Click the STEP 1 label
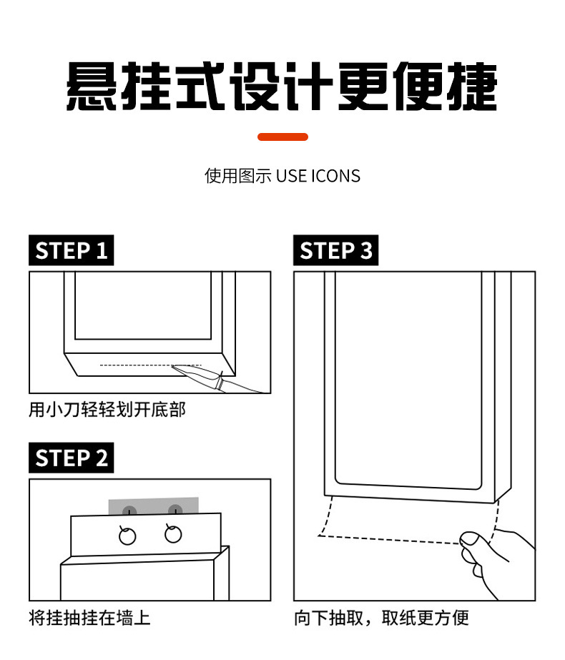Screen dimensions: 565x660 [71, 250]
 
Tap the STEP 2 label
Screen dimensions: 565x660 [71, 458]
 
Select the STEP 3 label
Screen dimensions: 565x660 [335, 250]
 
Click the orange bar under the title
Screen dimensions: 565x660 [282, 137]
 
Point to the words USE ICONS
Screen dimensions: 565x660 [318, 176]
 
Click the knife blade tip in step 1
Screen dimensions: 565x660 [172, 366]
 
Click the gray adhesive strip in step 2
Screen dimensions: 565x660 [153, 506]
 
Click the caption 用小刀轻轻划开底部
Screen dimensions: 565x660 [107, 410]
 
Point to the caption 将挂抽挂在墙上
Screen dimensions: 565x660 [89, 618]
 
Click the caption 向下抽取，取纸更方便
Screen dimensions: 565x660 [381, 618]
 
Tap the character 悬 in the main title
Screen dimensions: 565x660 [92, 87]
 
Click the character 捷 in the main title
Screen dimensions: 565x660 [472, 87]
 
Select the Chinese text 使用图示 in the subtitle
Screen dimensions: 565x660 [238, 176]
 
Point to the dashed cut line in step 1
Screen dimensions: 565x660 [151, 365]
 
